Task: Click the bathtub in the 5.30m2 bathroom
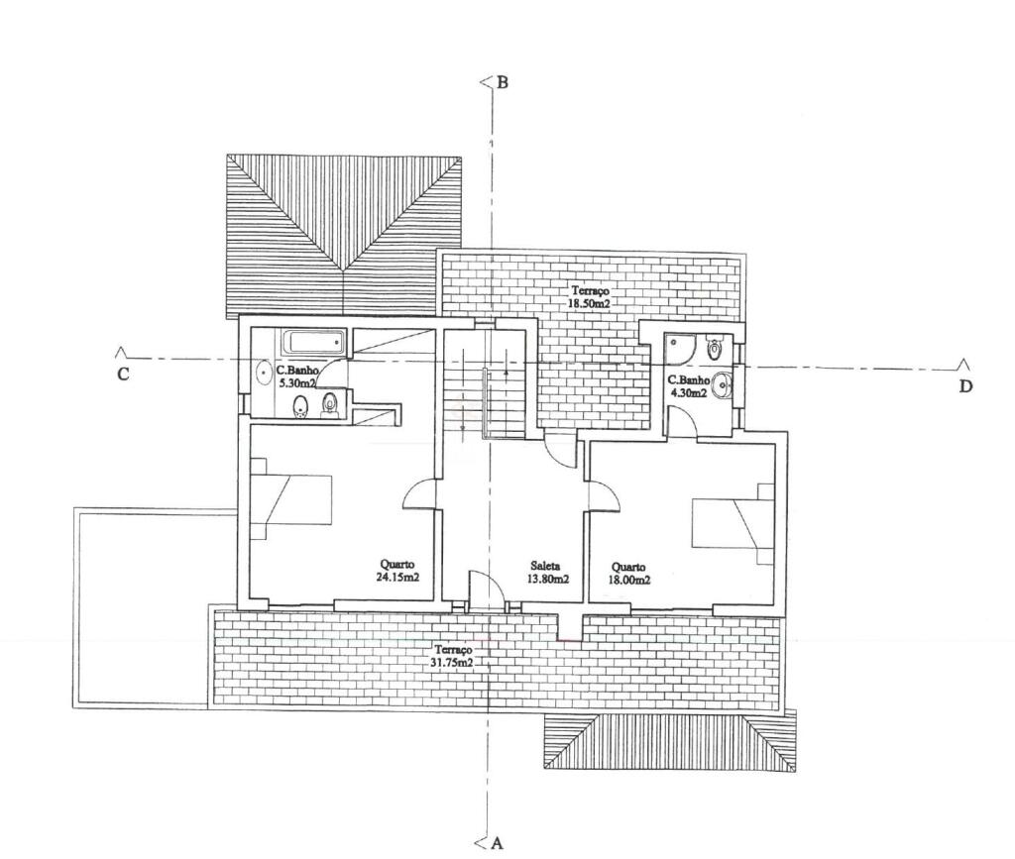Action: click(314, 342)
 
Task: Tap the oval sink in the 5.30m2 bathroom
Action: click(263, 374)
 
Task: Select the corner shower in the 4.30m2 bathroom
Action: click(681, 348)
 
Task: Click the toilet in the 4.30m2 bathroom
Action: click(714, 347)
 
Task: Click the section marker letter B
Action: click(502, 83)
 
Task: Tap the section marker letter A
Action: click(498, 843)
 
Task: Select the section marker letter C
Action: click(123, 374)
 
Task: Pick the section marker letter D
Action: click(965, 386)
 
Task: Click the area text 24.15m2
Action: click(397, 577)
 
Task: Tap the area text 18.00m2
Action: click(629, 581)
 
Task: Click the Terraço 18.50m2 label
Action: click(591, 297)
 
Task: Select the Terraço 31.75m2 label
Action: click(453, 655)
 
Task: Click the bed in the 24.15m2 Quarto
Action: click(291, 499)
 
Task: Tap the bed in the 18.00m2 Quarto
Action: click(733, 523)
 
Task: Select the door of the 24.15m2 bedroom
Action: click(417, 494)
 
